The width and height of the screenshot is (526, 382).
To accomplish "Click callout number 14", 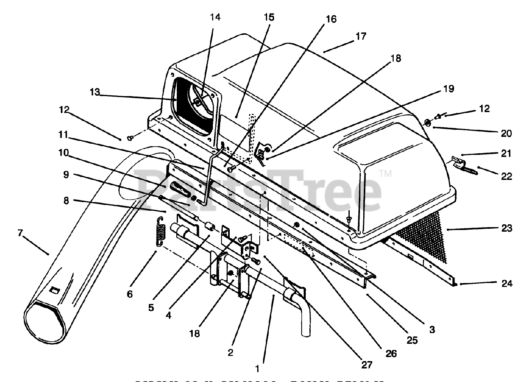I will tap(215, 18).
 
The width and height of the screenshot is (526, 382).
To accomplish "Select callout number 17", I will tap(360, 36).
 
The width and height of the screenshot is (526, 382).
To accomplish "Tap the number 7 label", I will tap(20, 233).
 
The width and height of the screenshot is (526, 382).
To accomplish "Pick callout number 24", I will tap(507, 283).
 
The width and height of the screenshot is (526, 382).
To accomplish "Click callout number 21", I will tap(506, 154).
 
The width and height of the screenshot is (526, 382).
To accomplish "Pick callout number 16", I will tap(331, 19).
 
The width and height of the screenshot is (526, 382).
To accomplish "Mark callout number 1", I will tap(258, 369).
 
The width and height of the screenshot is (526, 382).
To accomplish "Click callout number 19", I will tap(449, 89).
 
